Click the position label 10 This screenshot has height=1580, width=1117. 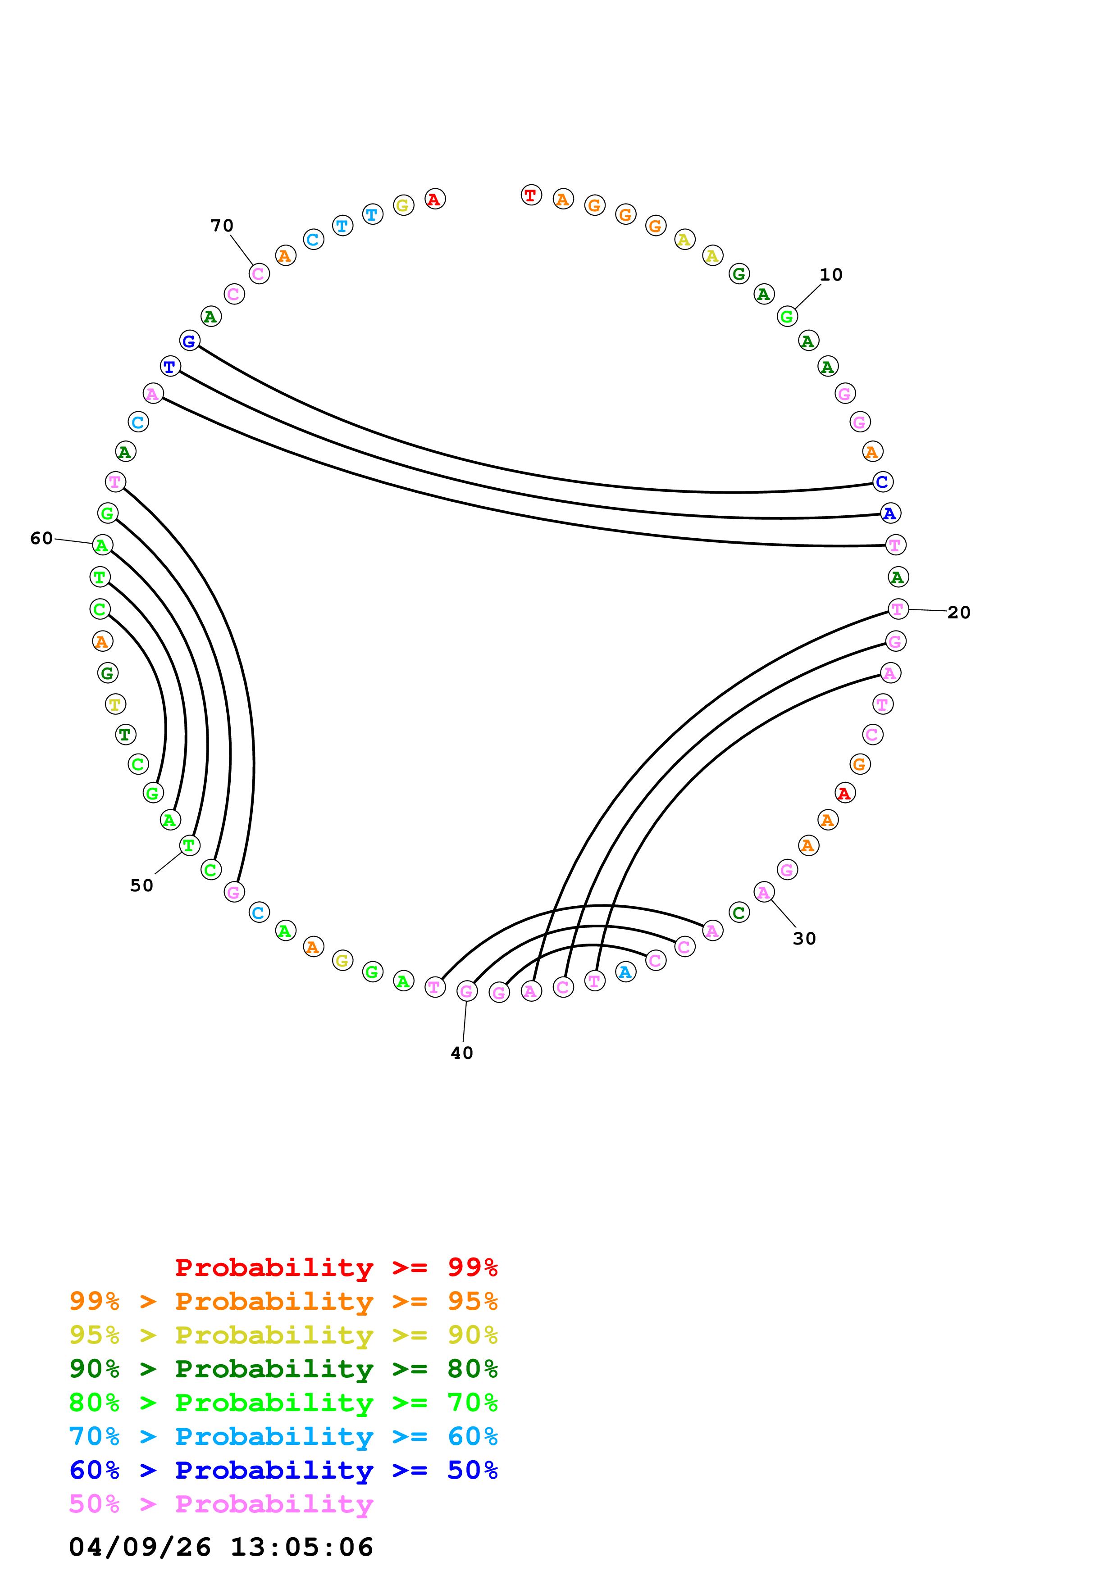point(831,275)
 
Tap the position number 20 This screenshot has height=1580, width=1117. point(959,613)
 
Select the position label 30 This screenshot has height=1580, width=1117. point(804,939)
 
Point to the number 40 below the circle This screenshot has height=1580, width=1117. point(462,1053)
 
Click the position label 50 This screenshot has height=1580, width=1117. point(142,885)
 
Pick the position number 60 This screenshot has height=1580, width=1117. point(41,538)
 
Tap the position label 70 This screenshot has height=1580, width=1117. point(222,226)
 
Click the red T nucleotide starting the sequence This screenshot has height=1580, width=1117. point(531,195)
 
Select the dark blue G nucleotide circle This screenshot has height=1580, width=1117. point(189,341)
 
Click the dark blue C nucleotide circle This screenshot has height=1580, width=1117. point(882,482)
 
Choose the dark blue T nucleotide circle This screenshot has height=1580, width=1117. point(170,366)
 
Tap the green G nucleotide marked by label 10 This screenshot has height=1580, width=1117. point(787,317)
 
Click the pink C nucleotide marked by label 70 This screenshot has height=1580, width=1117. point(259,274)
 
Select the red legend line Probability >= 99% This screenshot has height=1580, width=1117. point(336,1267)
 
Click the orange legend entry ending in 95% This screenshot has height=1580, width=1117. point(283,1301)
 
